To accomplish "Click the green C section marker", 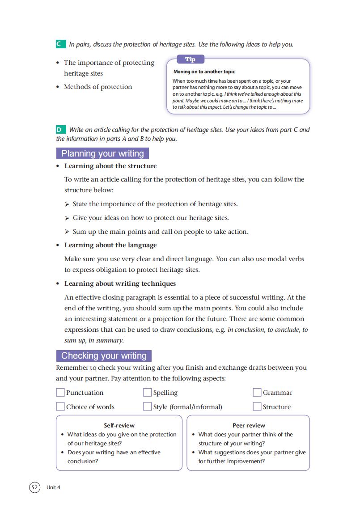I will [59, 44].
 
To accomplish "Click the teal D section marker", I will [59, 130].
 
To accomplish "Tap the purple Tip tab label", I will [190, 59].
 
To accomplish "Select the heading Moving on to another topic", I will [204, 72].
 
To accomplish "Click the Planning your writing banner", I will [102, 154].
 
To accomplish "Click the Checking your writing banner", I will [104, 356].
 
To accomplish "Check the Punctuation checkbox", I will [60, 393].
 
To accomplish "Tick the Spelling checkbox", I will [147, 393].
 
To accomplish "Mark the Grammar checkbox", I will [257, 393].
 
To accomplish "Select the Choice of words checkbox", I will [60, 406].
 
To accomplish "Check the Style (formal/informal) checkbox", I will [147, 406].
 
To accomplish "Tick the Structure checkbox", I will [257, 406].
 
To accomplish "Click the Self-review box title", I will [119, 425].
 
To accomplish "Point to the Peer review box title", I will [249, 425].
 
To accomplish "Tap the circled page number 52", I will [34, 487].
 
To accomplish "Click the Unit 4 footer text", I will [53, 487].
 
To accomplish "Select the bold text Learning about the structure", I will [110, 166].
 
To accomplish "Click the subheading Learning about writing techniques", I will [120, 284].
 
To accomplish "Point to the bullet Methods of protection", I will [98, 87].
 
